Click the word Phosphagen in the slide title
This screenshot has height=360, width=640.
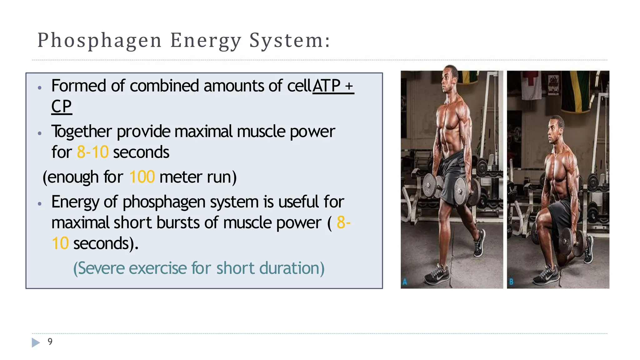tap(99, 41)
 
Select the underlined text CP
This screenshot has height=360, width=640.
tap(62, 107)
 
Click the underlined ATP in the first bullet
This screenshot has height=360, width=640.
tap(327, 86)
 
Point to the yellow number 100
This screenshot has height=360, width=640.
tap(142, 177)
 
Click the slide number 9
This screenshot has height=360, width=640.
tap(50, 342)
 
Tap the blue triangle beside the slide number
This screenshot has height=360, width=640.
tap(36, 342)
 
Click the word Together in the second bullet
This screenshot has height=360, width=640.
tap(82, 132)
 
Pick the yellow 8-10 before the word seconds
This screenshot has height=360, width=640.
tap(92, 152)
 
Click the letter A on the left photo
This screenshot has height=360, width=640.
tap(405, 282)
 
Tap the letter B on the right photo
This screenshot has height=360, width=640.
tap(511, 282)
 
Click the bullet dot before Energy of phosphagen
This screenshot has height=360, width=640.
tap(39, 204)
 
